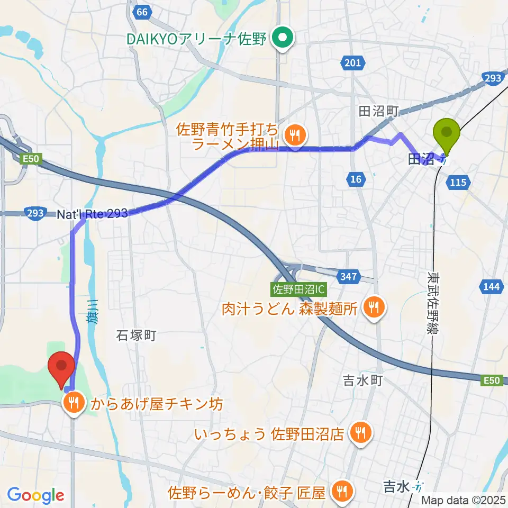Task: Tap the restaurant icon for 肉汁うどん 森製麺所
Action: [374, 306]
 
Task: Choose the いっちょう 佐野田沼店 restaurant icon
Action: [359, 434]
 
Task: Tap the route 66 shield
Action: [140, 12]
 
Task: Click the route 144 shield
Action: [491, 287]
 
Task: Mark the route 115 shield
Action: [458, 182]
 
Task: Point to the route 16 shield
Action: [356, 179]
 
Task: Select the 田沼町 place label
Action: [378, 111]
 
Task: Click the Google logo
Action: [35, 495]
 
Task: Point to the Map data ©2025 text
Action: [464, 500]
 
